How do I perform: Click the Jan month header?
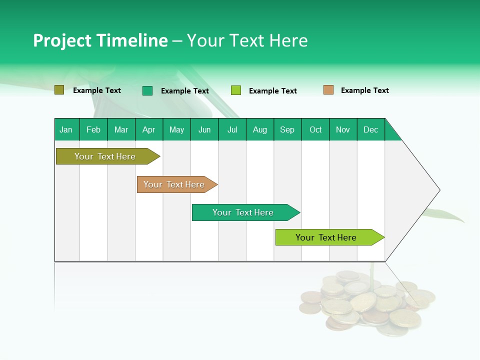pos(66,129)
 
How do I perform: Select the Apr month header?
pos(149,129)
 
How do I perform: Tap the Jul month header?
pos(232,129)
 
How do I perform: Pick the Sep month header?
pos(287,129)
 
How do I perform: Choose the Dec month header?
pos(370,129)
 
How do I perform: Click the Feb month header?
pos(93,129)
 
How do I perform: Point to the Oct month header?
pos(315,129)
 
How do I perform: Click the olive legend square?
pos(59,90)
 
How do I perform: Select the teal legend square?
pos(147,90)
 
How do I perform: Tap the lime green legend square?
pos(236,90)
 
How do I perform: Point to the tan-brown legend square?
pos(328,90)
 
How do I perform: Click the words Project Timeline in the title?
pos(100,40)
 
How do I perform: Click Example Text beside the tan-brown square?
pos(364,90)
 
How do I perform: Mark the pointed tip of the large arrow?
pos(439,190)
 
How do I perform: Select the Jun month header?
pos(204,129)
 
